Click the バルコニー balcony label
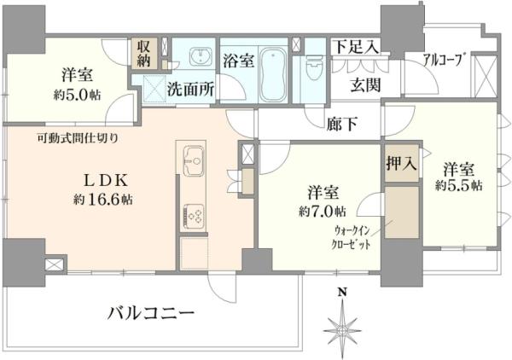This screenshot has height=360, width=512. click(x=150, y=313)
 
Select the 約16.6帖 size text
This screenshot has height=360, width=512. click(x=102, y=200)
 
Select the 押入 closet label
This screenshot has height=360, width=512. click(x=401, y=164)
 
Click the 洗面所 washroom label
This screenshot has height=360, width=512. click(x=189, y=87)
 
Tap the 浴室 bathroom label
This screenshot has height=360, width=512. click(x=237, y=61)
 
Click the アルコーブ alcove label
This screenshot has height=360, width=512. click(x=444, y=59)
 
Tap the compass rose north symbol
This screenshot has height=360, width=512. click(x=342, y=325)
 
